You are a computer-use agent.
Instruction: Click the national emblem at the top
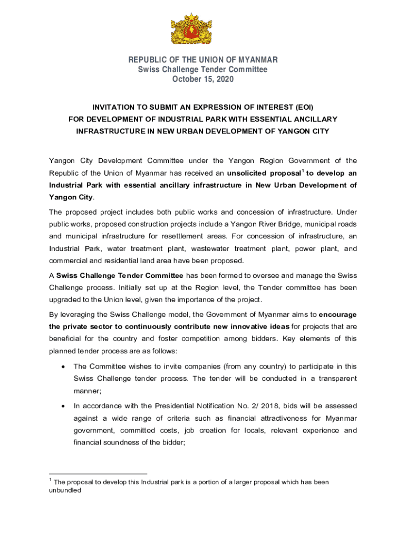coord(191,29)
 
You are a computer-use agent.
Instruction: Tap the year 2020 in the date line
coord(223,79)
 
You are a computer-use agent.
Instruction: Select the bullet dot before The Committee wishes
coord(63,367)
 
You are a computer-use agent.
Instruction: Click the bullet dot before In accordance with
coord(63,406)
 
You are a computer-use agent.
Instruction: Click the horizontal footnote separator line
coord(98,474)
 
